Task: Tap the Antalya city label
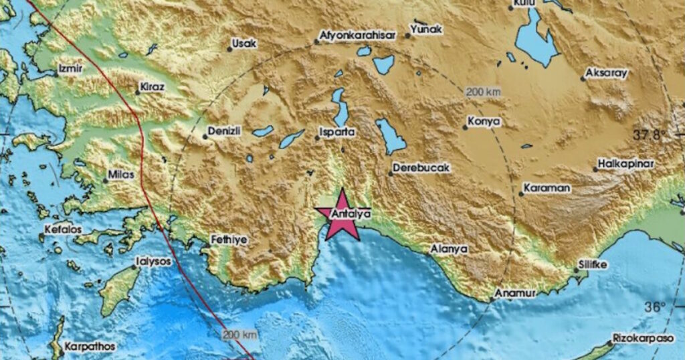351,215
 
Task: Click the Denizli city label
224,130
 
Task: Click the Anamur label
512,293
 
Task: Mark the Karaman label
547,188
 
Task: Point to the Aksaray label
606,73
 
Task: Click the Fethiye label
229,239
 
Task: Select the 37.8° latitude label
650,134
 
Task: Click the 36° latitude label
655,307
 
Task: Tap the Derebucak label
421,167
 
